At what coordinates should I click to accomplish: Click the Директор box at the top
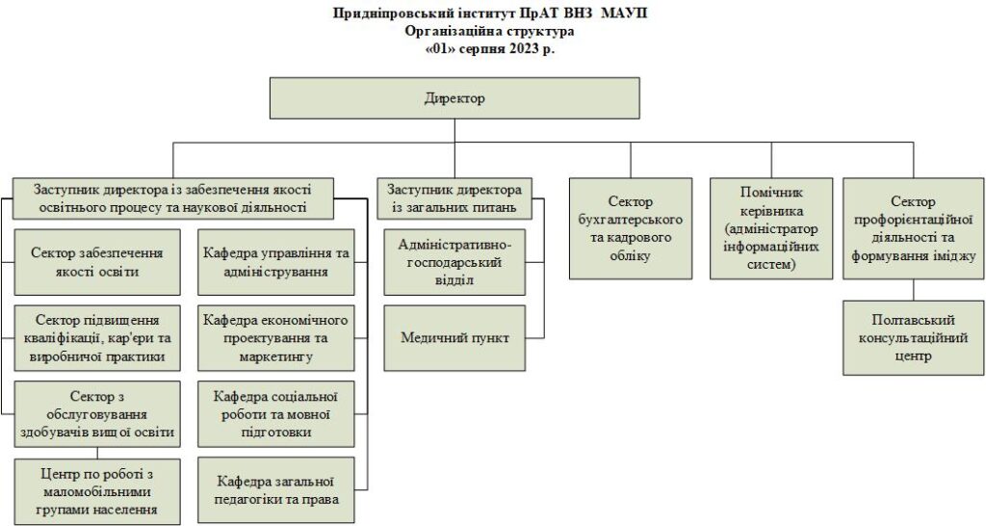click(454, 98)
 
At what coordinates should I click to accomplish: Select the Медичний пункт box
click(454, 338)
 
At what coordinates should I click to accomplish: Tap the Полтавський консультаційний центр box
click(913, 338)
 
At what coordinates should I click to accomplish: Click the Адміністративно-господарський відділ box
click(454, 262)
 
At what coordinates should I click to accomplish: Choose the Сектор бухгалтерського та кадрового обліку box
click(631, 228)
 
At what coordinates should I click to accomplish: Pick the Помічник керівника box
click(771, 228)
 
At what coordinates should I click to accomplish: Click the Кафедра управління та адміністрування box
click(276, 262)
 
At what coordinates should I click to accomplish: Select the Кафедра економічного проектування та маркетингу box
click(276, 338)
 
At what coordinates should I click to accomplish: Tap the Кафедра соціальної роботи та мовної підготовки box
click(276, 414)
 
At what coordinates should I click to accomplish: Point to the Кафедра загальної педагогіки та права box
click(276, 490)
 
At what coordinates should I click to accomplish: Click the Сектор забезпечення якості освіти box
click(97, 262)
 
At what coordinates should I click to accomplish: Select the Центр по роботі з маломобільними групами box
click(97, 491)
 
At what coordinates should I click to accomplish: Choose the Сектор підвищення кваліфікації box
click(97, 338)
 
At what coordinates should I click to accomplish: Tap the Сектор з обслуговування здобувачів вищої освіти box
click(97, 414)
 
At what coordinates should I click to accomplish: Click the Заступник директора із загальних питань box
click(454, 198)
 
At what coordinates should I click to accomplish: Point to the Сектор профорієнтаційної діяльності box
click(913, 228)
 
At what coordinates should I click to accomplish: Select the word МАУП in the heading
click(623, 13)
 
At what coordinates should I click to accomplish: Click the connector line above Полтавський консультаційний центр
click(913, 290)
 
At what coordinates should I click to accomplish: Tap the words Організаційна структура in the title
click(490, 31)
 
